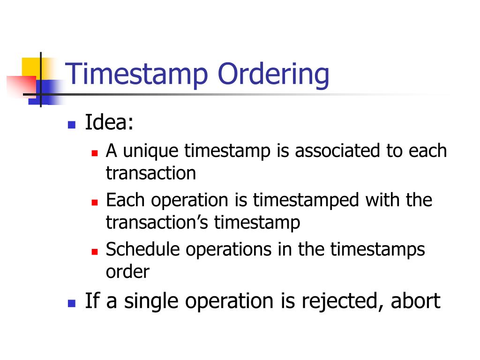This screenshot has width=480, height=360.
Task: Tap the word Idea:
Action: tap(109, 123)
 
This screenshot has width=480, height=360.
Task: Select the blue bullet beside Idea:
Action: tap(71, 125)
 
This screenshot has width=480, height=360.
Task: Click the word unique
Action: tap(151, 151)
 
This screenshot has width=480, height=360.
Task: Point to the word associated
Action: tap(340, 151)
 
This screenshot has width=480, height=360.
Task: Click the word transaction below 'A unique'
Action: tap(150, 173)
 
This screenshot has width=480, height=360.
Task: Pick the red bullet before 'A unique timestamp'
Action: tap(94, 153)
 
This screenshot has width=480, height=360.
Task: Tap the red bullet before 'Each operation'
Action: tap(94, 202)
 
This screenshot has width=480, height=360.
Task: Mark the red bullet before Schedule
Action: tap(94, 251)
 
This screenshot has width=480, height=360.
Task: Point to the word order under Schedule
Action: tap(127, 272)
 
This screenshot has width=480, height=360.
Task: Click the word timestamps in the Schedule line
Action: tap(377, 250)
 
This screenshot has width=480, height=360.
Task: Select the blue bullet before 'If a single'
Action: tap(71, 303)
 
